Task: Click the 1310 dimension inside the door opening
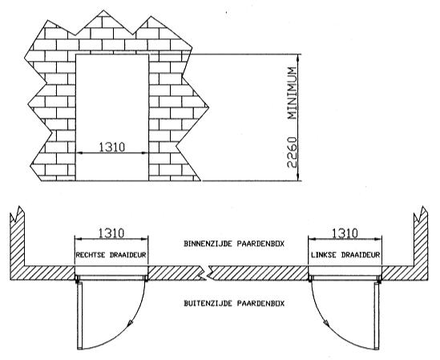point(112,147)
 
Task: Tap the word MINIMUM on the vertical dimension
point(292,93)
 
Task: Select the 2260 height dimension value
point(292,152)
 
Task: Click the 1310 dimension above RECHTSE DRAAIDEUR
point(111,233)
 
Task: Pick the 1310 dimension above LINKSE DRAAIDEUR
point(345,233)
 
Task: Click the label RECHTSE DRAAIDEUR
point(111,255)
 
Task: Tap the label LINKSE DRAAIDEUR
point(345,255)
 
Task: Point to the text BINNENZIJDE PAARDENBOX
point(234,244)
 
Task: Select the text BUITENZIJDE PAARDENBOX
point(234,303)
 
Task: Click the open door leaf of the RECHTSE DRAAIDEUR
point(79,316)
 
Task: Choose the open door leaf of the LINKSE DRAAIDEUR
point(377,316)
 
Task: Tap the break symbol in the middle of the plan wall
point(208,273)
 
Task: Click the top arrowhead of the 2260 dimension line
point(299,57)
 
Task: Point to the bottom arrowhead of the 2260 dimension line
point(299,178)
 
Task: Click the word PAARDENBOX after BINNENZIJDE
point(260,244)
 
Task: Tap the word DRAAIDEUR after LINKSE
point(361,255)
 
